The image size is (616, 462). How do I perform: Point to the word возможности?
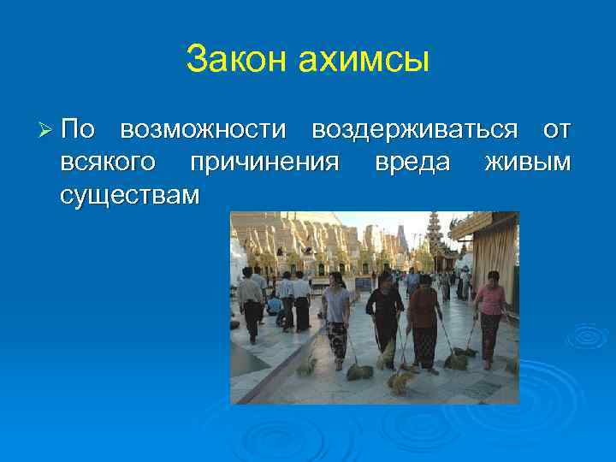click(x=203, y=130)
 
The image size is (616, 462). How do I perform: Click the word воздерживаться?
click(x=414, y=130)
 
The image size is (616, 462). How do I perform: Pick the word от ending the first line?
click(x=556, y=130)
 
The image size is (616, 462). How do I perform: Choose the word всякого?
click(x=109, y=163)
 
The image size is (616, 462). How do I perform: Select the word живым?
click(x=527, y=163)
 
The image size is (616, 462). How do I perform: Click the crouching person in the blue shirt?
click(x=275, y=304)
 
